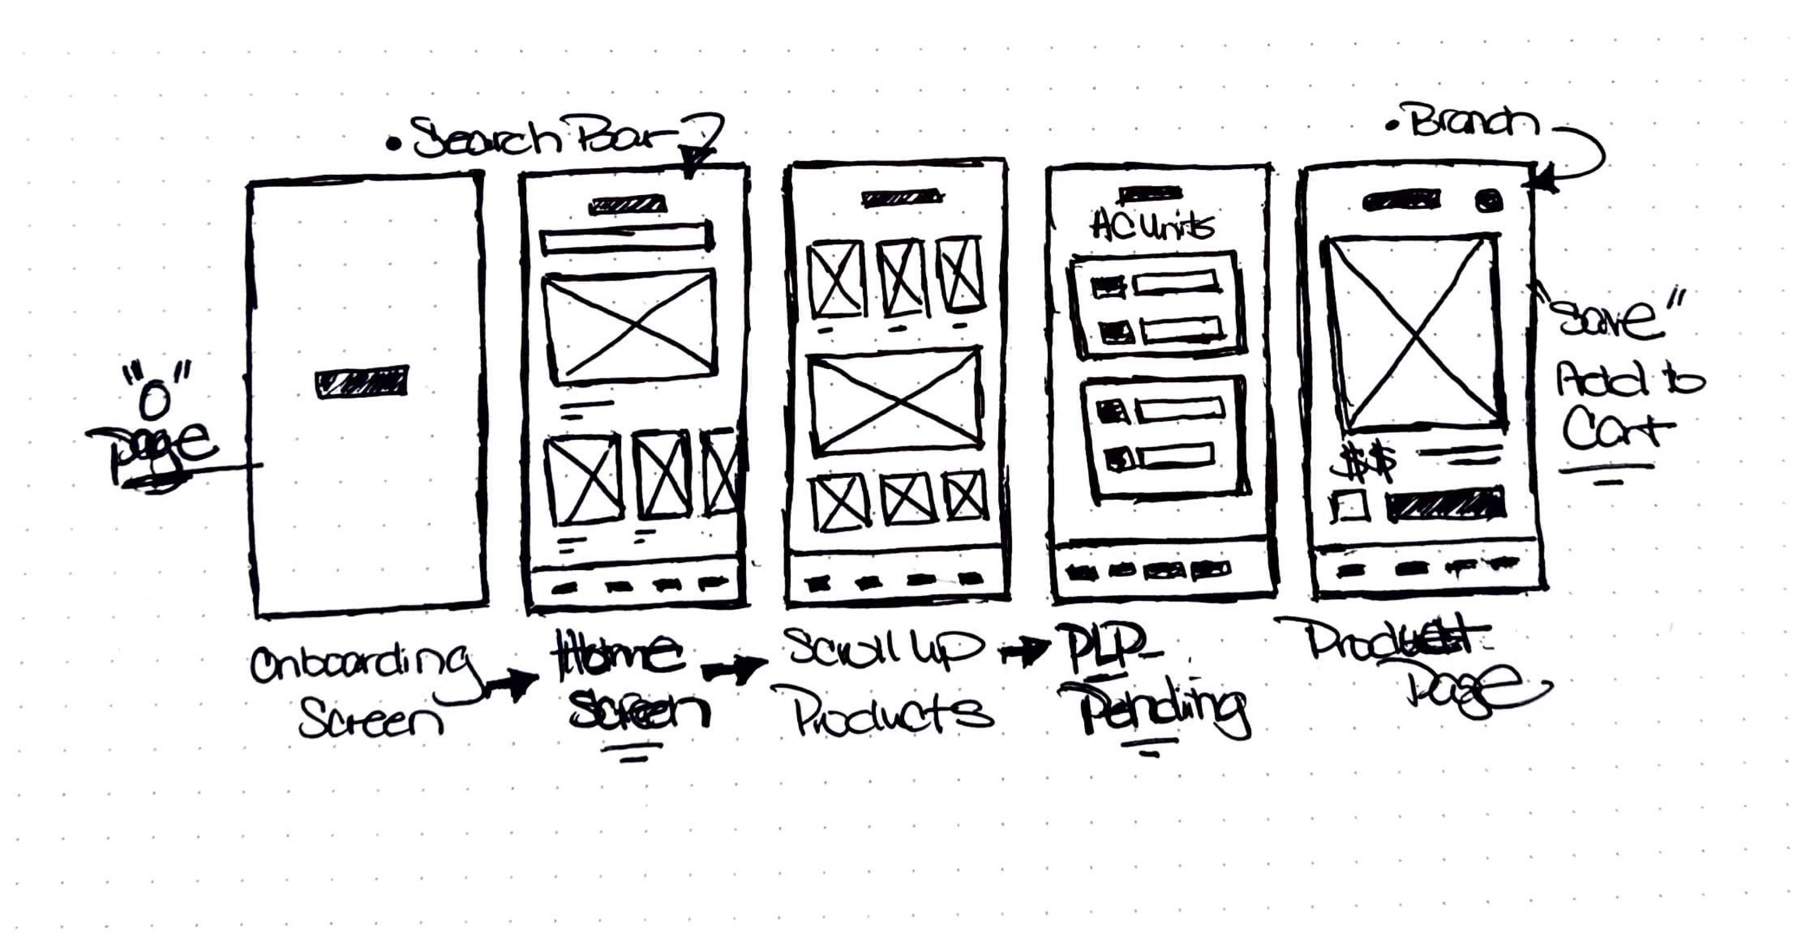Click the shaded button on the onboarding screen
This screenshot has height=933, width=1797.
(361, 383)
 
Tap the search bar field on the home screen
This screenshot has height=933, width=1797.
(626, 238)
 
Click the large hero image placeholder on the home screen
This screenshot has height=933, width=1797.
(630, 326)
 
